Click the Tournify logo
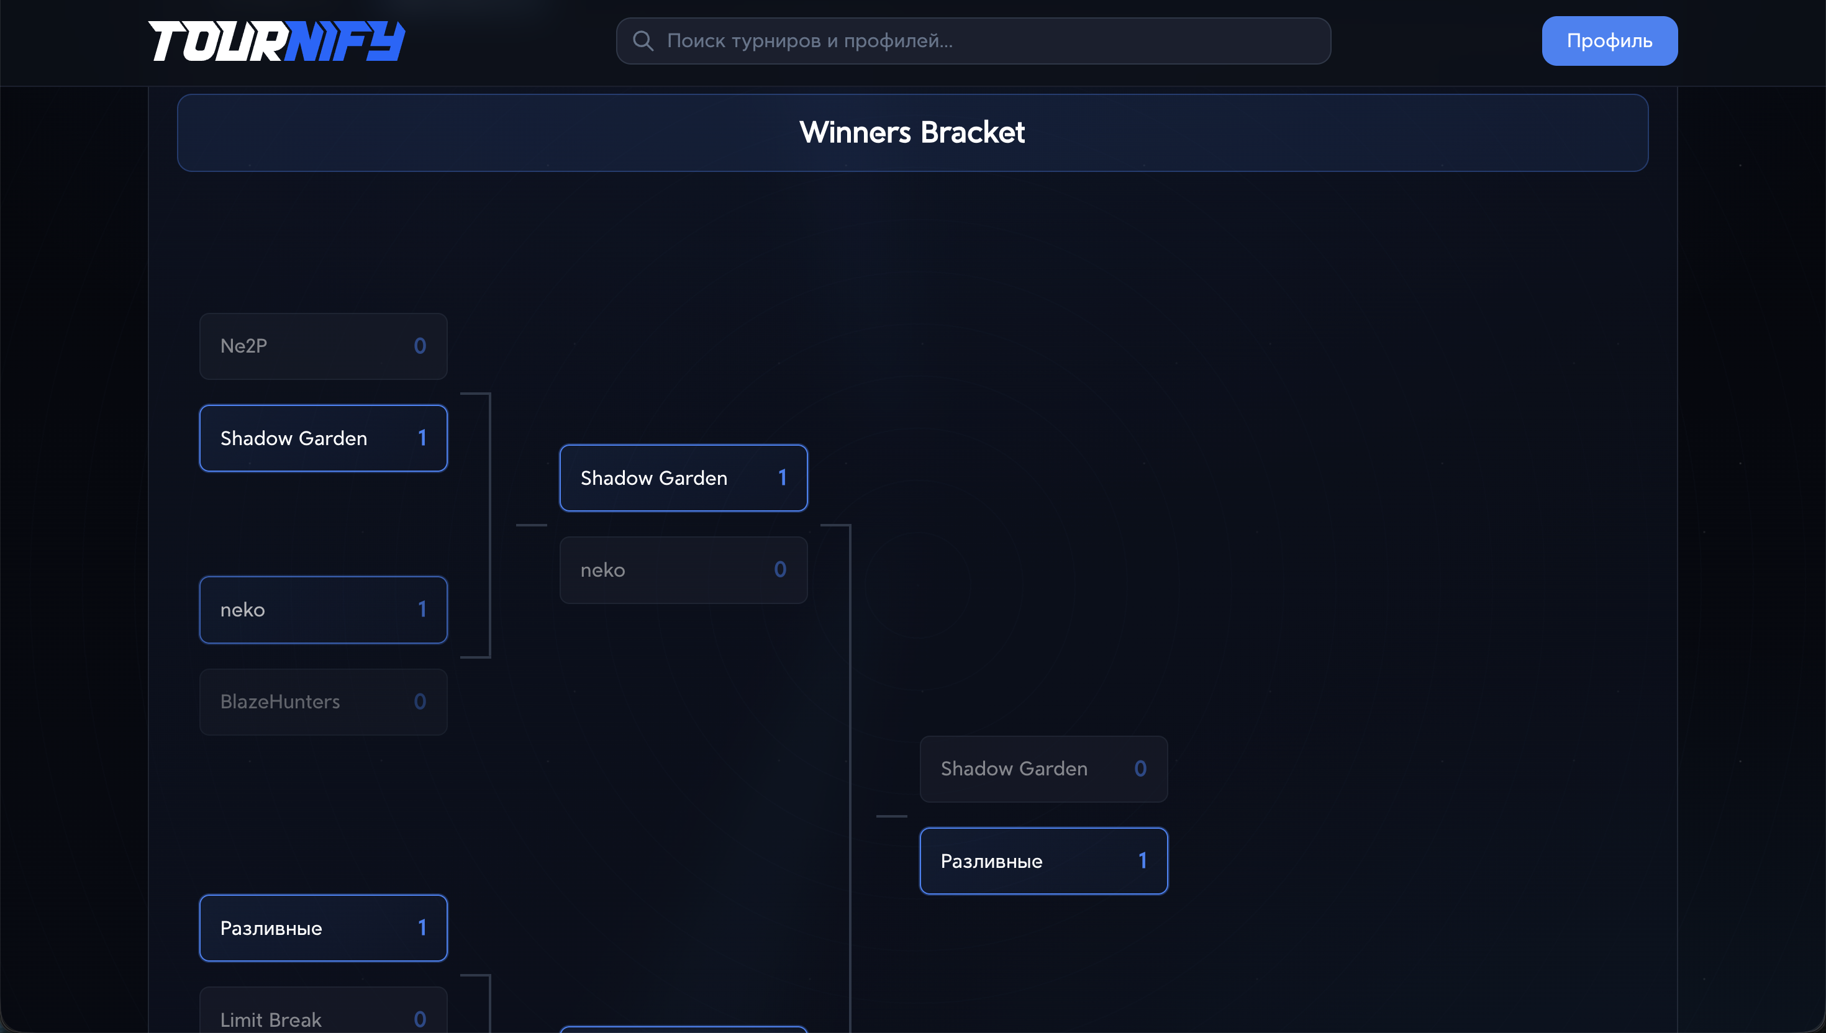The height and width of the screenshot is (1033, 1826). tap(276, 41)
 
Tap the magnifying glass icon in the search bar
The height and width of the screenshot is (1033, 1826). tap(643, 41)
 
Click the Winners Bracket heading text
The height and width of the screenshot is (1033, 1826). tap(912, 132)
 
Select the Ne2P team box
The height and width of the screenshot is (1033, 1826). tap(323, 346)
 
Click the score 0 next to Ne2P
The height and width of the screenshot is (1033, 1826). tap(420, 346)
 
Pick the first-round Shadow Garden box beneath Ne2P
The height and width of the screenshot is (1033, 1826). tap(323, 438)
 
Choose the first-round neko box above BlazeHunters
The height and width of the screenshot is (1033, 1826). tap(323, 610)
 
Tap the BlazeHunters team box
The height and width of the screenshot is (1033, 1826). tap(323, 701)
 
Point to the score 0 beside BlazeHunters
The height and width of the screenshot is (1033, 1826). tap(420, 701)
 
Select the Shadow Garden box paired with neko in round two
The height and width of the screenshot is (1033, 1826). tap(683, 478)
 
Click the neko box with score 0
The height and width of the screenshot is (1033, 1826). tap(683, 570)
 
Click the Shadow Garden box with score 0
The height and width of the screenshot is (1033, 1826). tap(1043, 769)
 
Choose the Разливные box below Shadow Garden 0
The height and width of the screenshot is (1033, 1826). tap(1043, 861)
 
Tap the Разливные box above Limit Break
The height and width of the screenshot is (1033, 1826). tap(323, 928)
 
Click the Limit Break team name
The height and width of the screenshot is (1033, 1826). tap(271, 1019)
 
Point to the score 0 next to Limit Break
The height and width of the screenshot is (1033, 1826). tap(420, 1019)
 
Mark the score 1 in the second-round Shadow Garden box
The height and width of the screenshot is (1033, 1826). tap(782, 478)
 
